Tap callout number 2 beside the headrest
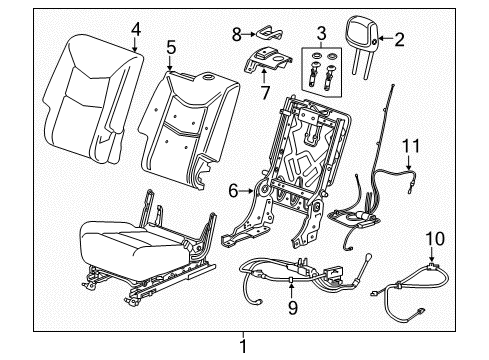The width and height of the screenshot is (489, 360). coord(400,40)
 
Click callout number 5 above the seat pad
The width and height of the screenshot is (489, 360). coord(171,46)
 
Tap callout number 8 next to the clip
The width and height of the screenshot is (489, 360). coord(237,33)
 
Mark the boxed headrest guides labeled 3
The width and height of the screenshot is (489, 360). coord(320,73)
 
